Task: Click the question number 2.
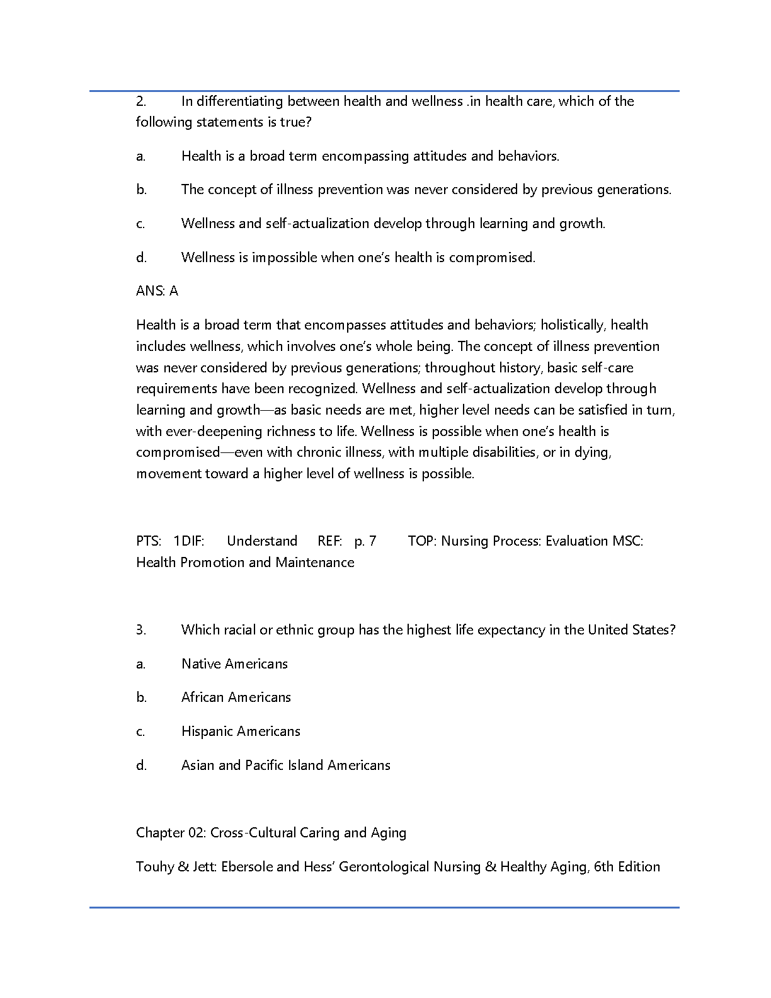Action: tap(141, 101)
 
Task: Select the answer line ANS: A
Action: tap(157, 291)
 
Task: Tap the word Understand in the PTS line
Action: tap(262, 541)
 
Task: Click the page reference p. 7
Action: tap(365, 541)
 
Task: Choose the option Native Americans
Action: tap(234, 663)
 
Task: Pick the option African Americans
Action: tap(236, 697)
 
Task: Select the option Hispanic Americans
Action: tap(241, 731)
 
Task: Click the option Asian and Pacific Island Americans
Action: tap(286, 766)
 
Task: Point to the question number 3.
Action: tap(141, 630)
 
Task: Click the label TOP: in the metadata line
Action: tap(422, 541)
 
